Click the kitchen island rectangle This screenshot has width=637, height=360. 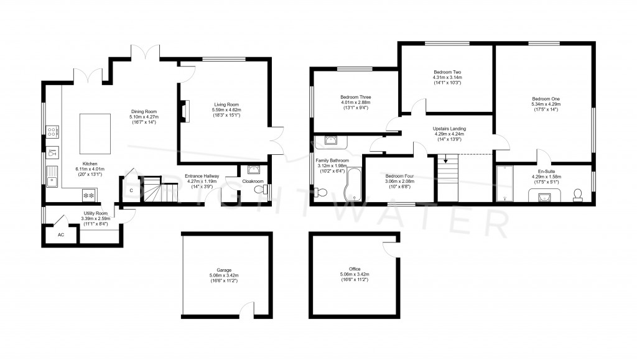[x=91, y=134]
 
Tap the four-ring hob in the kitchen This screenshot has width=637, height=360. [x=52, y=131]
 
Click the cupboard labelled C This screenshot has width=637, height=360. [x=131, y=191]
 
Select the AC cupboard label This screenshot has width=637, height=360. [x=60, y=235]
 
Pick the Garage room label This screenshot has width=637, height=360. [x=224, y=270]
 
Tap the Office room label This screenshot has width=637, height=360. [x=355, y=269]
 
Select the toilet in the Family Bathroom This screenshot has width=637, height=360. [x=328, y=141]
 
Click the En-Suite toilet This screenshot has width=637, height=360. [x=577, y=195]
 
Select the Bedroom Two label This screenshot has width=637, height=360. [x=447, y=73]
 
